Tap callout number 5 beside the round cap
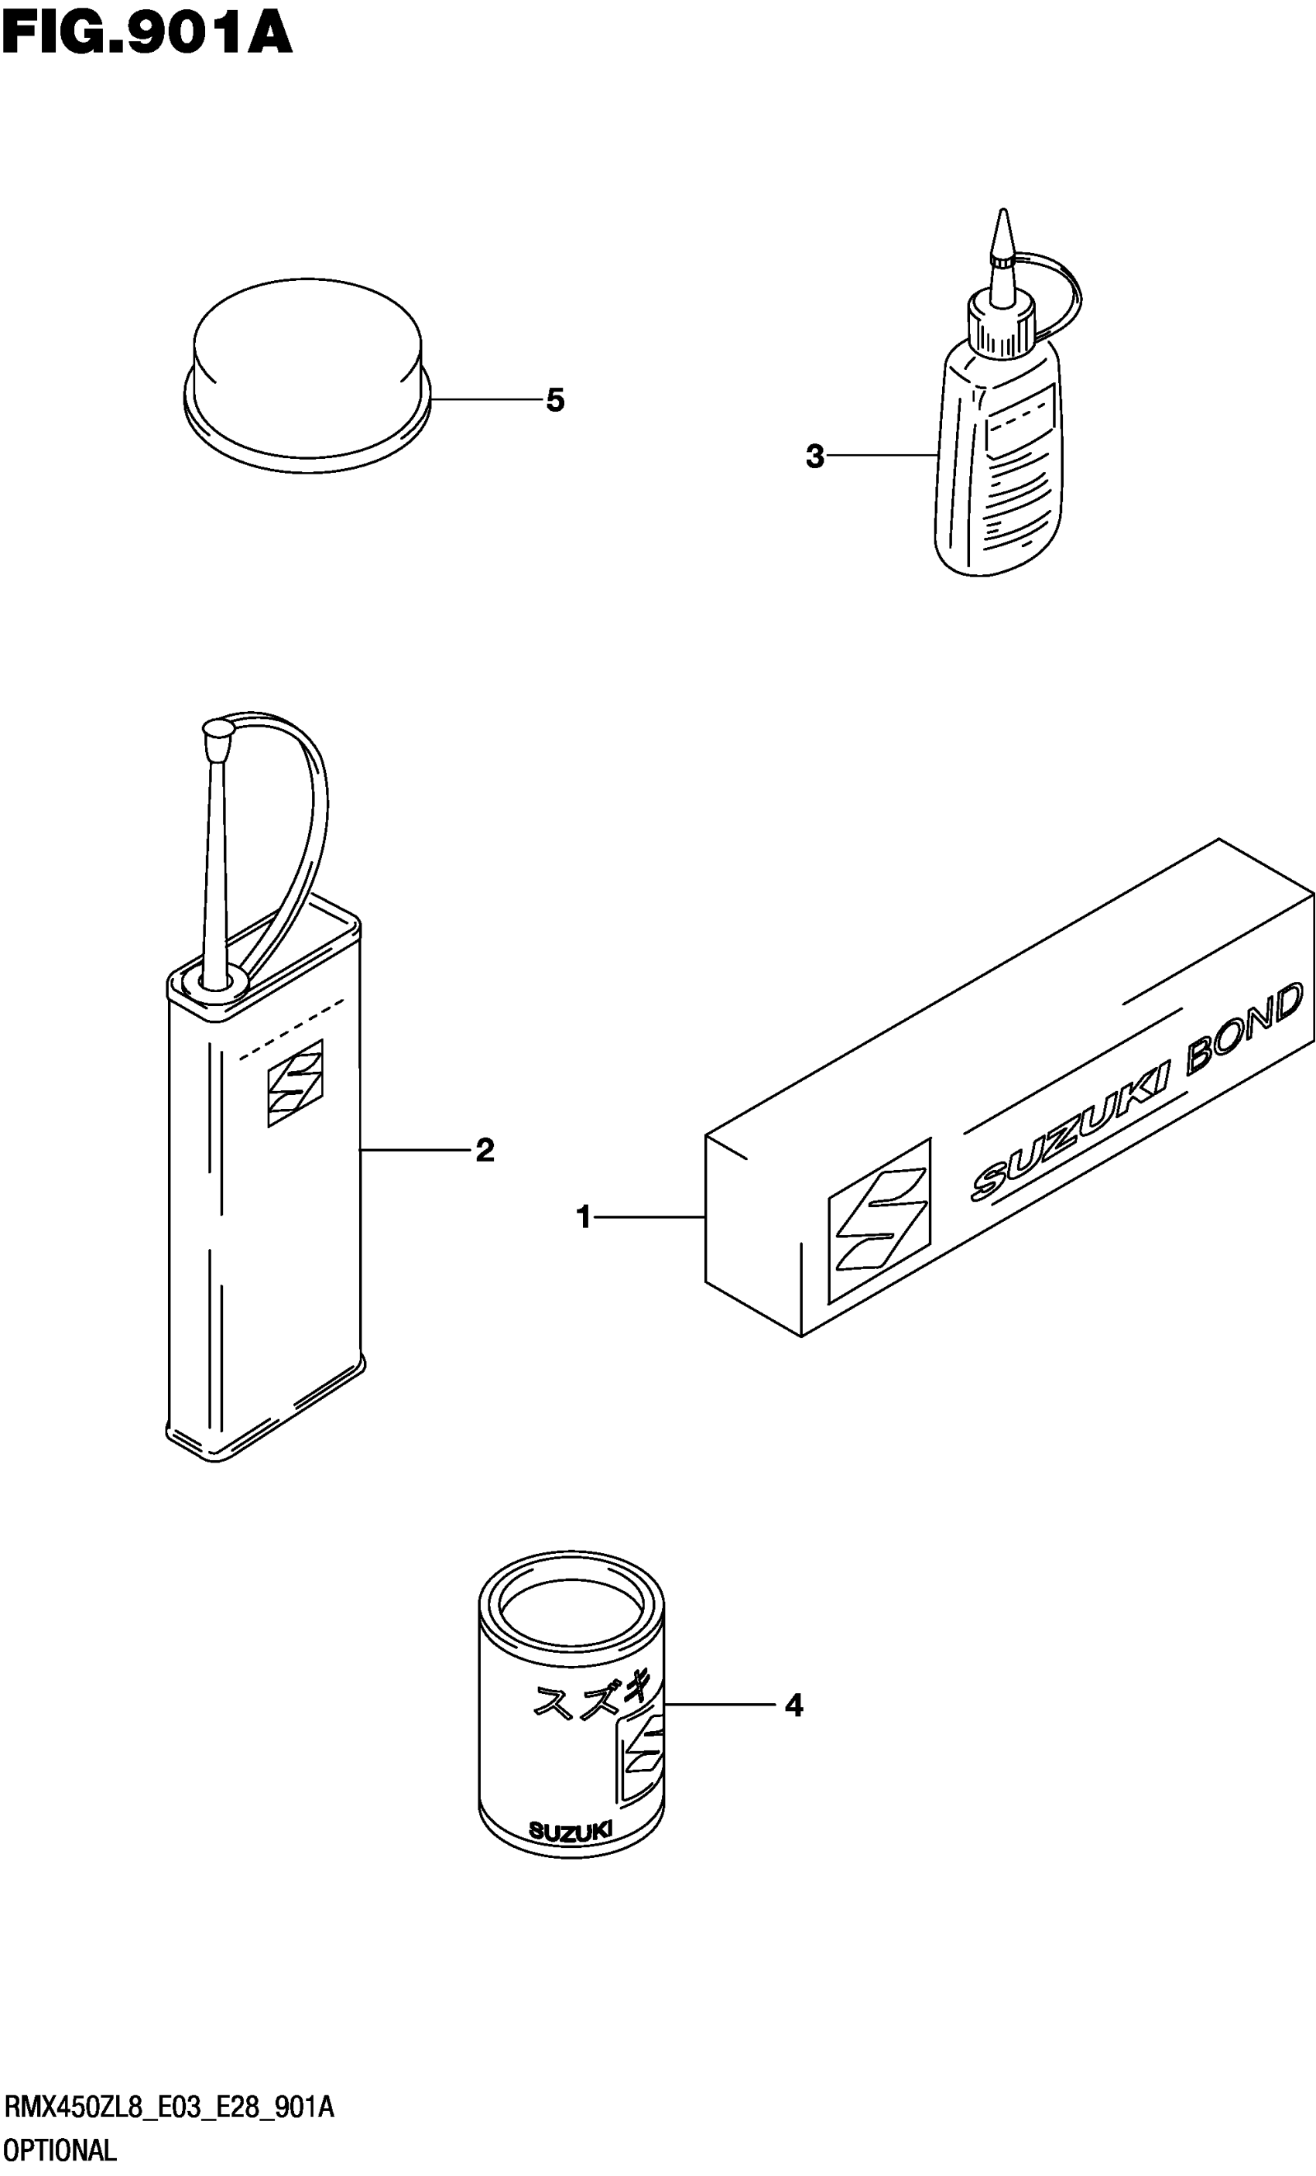tap(555, 400)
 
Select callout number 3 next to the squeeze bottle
tap(814, 457)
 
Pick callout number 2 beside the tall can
tap(485, 1150)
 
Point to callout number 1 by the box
tap(583, 1218)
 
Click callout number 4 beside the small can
tap(794, 1706)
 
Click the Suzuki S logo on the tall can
tap(296, 1082)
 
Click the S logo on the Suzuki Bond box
tap(879, 1222)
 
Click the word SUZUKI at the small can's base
tap(570, 1832)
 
